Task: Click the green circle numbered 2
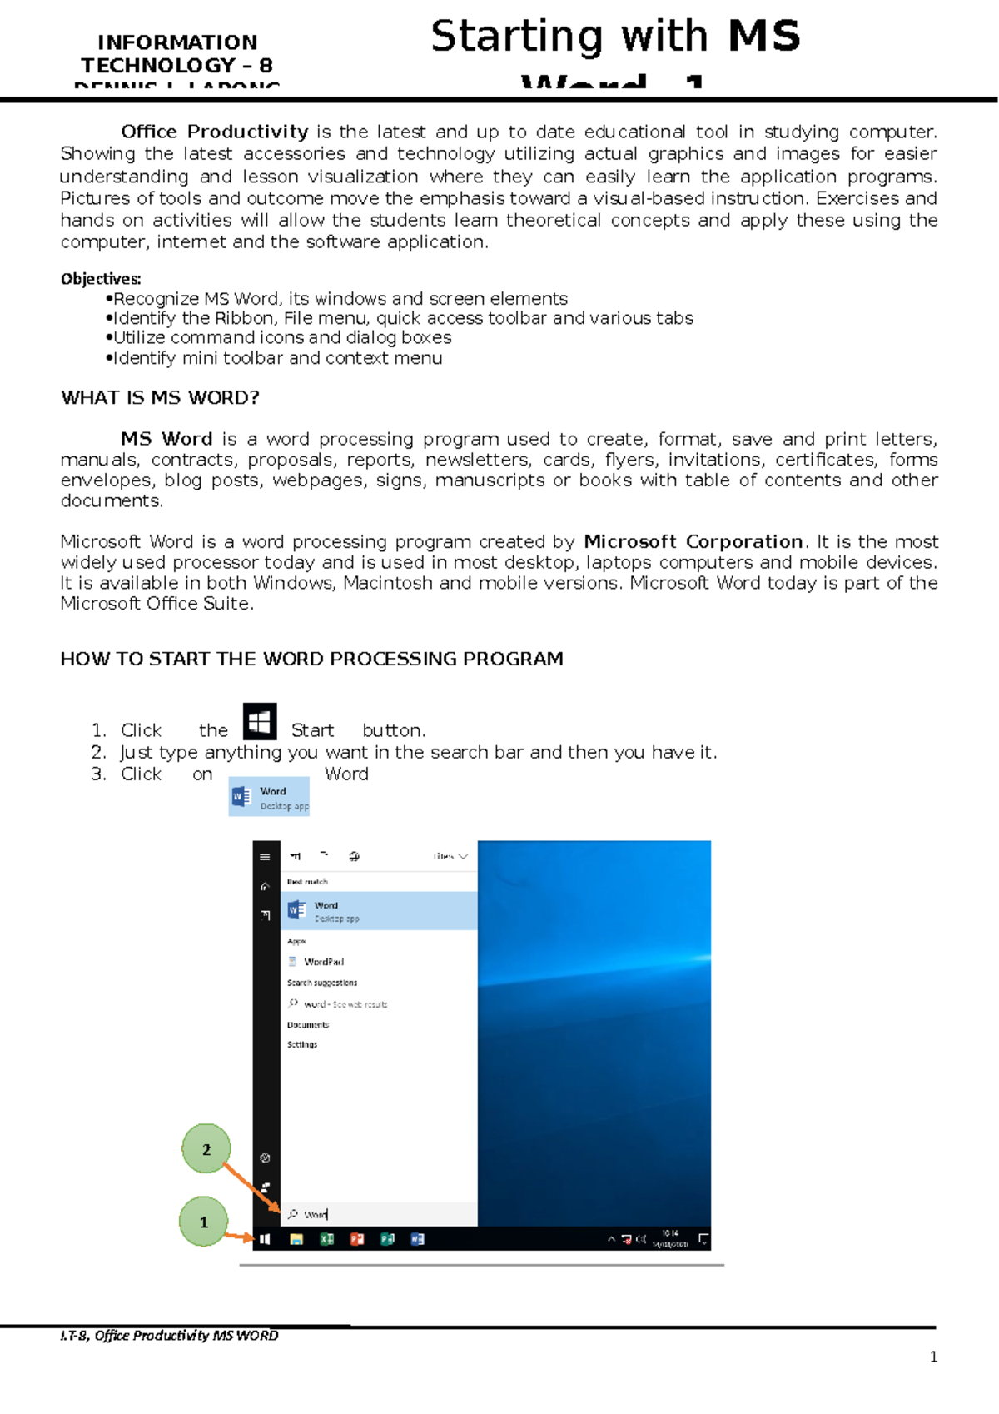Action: (x=206, y=1149)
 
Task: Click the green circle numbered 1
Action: (x=203, y=1222)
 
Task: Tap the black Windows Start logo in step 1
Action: (x=259, y=722)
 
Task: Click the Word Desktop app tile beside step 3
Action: (x=269, y=797)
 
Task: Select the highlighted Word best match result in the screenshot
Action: (x=379, y=911)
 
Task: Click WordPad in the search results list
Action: (x=323, y=962)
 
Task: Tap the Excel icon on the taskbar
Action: (x=327, y=1239)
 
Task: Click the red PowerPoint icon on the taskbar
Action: (x=357, y=1239)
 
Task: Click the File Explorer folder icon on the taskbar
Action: (x=296, y=1239)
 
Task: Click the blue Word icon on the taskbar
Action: (x=418, y=1239)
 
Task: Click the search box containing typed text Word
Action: (x=379, y=1214)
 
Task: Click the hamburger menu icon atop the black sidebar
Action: (x=265, y=856)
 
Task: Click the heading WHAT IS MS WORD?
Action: (x=160, y=398)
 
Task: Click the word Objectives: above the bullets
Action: (x=101, y=279)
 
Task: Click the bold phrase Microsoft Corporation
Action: (x=693, y=542)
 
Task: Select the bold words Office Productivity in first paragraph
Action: (x=214, y=132)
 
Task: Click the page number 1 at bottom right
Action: (x=933, y=1357)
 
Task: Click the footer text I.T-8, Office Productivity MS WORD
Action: (x=169, y=1336)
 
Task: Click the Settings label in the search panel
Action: (x=302, y=1044)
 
